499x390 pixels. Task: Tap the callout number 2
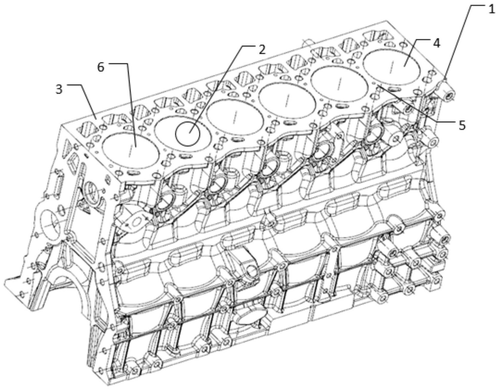(x=262, y=50)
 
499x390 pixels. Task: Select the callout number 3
(x=59, y=89)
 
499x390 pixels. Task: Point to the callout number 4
(x=436, y=44)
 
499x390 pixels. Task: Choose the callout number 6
(x=101, y=67)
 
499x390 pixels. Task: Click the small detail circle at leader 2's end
(x=187, y=134)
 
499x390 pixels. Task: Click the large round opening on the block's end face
(x=51, y=224)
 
